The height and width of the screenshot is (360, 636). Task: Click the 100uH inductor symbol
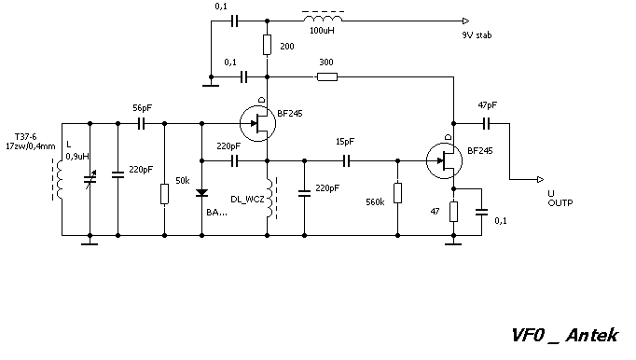click(323, 18)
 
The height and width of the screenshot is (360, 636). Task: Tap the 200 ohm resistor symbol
click(267, 45)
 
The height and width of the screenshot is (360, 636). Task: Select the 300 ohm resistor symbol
click(327, 76)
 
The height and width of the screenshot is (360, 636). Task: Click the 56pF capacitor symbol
click(141, 123)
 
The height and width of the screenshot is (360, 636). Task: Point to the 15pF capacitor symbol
click(346, 161)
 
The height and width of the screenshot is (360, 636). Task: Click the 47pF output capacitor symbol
click(487, 123)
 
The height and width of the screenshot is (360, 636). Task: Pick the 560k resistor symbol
click(397, 193)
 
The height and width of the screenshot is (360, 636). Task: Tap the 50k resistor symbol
click(164, 194)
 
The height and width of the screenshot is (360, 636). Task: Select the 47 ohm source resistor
click(453, 212)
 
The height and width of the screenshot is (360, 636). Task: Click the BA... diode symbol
click(201, 193)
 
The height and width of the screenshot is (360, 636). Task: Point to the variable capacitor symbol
click(90, 179)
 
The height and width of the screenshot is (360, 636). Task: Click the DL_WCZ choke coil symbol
click(270, 198)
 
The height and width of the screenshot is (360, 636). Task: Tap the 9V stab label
click(477, 35)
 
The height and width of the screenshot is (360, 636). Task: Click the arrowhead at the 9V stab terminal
click(466, 21)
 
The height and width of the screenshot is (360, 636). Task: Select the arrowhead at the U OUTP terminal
click(540, 179)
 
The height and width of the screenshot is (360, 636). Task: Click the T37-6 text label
click(25, 137)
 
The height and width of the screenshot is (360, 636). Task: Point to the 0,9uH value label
click(77, 157)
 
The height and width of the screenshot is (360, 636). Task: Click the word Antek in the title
click(592, 335)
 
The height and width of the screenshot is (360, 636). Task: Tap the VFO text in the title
click(527, 335)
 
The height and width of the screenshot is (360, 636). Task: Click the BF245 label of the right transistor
click(480, 151)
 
